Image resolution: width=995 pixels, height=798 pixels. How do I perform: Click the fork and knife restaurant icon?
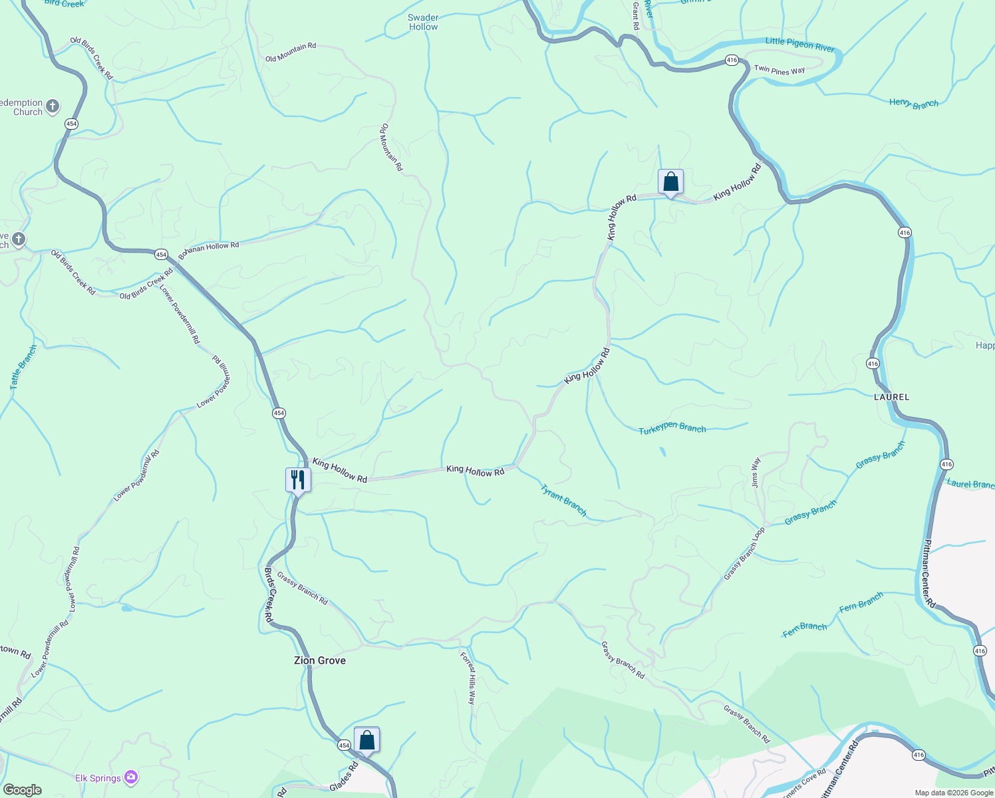pyautogui.click(x=298, y=479)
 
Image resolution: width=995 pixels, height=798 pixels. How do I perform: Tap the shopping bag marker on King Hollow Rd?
pyautogui.click(x=670, y=182)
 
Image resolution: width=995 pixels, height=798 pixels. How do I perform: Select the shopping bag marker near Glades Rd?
pyautogui.click(x=366, y=739)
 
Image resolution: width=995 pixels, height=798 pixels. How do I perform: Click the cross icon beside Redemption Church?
pyautogui.click(x=53, y=106)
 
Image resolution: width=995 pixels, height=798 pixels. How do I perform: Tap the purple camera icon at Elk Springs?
pyautogui.click(x=131, y=777)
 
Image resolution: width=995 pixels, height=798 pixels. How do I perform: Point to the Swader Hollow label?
pyautogui.click(x=424, y=23)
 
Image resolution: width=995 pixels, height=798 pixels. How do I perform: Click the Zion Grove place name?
pyautogui.click(x=320, y=660)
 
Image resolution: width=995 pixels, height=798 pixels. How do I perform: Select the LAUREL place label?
pyautogui.click(x=891, y=397)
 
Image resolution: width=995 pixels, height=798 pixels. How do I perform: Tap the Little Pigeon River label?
pyautogui.click(x=799, y=45)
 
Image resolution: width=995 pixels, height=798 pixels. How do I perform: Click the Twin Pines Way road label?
pyautogui.click(x=780, y=70)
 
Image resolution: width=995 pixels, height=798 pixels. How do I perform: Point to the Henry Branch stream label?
pyautogui.click(x=914, y=104)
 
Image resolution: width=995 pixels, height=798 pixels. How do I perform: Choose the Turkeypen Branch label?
pyautogui.click(x=672, y=429)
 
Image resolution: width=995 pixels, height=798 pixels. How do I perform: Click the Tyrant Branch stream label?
pyautogui.click(x=563, y=500)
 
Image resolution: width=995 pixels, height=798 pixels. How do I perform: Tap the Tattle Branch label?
pyautogui.click(x=23, y=367)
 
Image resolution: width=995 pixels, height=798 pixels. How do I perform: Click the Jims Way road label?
pyautogui.click(x=756, y=472)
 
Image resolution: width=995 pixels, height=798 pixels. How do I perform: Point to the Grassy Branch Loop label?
pyautogui.click(x=744, y=553)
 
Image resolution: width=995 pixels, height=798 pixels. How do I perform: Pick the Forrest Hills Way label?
pyautogui.click(x=469, y=678)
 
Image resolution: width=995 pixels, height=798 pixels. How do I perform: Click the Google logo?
pyautogui.click(x=22, y=790)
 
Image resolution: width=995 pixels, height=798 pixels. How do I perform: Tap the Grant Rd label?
pyautogui.click(x=636, y=16)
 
